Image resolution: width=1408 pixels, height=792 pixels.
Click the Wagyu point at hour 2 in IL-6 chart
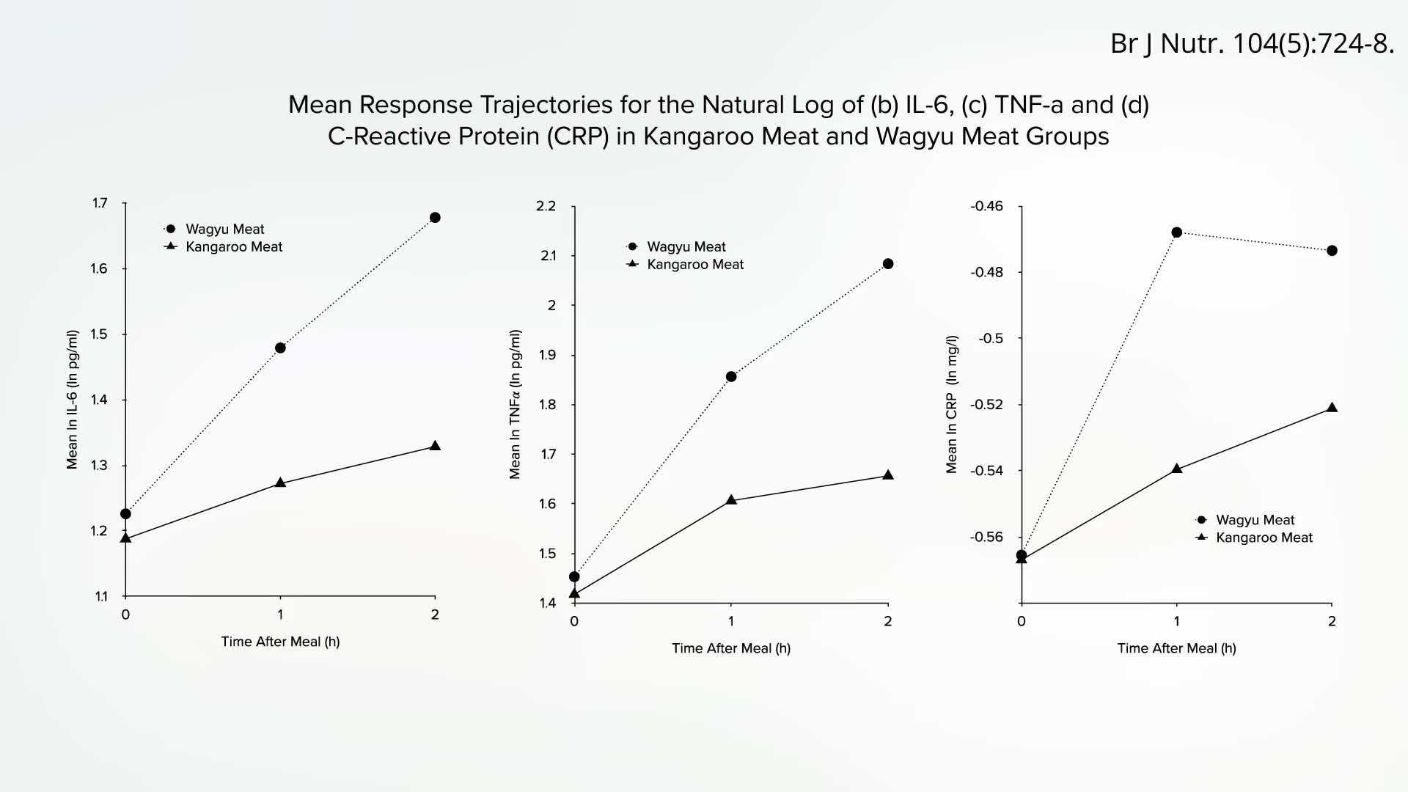click(435, 218)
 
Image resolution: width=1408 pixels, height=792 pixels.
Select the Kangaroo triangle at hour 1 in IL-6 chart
click(280, 483)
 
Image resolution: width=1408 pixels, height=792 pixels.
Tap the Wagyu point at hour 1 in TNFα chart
click(731, 377)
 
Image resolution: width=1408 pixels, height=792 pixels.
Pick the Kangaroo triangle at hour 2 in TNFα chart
click(888, 475)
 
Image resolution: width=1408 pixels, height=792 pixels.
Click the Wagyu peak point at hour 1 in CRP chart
click(1177, 232)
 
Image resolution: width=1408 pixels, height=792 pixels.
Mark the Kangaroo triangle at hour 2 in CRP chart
click(1332, 408)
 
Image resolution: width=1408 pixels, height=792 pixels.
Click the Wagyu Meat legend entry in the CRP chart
click(1254, 520)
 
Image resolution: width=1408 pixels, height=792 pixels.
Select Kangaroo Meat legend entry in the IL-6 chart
click(233, 247)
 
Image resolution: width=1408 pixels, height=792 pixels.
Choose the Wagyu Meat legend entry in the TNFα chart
click(686, 247)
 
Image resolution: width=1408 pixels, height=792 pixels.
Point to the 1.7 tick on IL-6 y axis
click(100, 203)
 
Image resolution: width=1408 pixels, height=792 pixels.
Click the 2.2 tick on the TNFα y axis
click(546, 206)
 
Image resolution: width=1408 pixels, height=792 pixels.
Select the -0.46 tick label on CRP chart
click(986, 206)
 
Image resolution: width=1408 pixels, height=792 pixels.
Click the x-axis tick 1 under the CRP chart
click(1177, 621)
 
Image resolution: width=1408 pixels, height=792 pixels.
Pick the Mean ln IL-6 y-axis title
click(72, 400)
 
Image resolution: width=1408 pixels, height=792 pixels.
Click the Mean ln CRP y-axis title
click(951, 404)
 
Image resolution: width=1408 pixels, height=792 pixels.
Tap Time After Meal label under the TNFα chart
click(731, 648)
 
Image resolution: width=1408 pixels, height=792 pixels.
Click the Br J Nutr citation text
click(1252, 44)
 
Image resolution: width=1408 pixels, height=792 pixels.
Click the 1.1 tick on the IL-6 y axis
click(101, 597)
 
